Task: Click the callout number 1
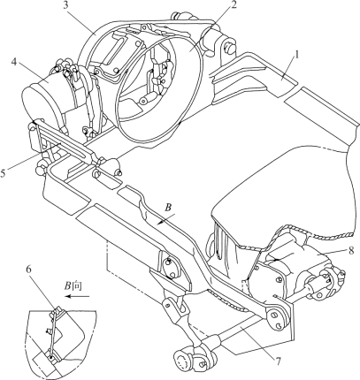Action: tap(296, 56)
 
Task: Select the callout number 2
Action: tap(234, 5)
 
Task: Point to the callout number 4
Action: tap(15, 62)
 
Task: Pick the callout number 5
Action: tap(3, 173)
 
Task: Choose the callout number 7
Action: tap(279, 361)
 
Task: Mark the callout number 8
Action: tap(350, 250)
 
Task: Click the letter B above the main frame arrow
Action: tap(167, 208)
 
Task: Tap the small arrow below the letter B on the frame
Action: tap(165, 220)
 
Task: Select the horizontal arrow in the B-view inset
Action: tap(77, 296)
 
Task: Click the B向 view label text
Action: tap(73, 285)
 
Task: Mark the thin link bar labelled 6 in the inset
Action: tap(53, 334)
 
